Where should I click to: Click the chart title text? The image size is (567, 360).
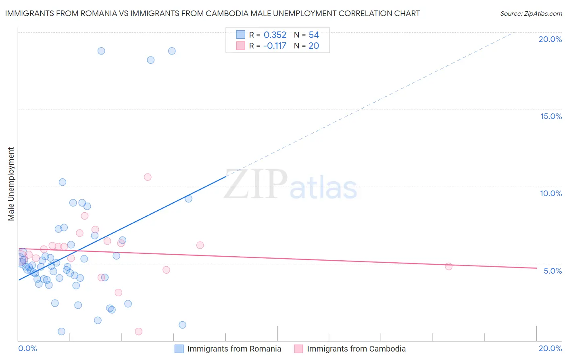pos(212,13)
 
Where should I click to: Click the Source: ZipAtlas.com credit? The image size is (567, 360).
pos(531,13)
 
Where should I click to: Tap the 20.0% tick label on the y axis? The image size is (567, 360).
pos(550,39)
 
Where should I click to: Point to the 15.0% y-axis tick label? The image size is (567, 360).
pos(551,116)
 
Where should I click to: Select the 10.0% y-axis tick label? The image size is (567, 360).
pos(551,193)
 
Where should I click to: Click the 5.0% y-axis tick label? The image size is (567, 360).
pos(552,271)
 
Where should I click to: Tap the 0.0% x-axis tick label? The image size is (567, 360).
pos(27,348)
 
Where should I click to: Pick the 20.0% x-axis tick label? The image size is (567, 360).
pos(550,348)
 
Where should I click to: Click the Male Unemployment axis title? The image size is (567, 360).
pos(11,184)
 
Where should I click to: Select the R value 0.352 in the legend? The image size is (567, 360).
pos(275,35)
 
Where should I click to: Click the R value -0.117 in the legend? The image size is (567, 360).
pos(274,46)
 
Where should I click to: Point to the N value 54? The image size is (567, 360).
pos(314,35)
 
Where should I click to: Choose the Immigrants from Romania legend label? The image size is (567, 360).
pos(234,349)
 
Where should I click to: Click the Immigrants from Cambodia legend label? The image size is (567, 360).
pos(356,349)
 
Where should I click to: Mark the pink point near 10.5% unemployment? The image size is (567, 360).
pos(148,177)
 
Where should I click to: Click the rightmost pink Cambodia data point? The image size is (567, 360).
pos(448,266)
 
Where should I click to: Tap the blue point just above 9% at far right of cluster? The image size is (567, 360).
pos(188,199)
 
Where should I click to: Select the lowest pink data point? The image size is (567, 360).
pos(139,331)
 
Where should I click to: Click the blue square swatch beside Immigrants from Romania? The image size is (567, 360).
pos(179,349)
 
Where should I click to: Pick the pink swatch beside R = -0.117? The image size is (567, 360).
pos(241,46)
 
